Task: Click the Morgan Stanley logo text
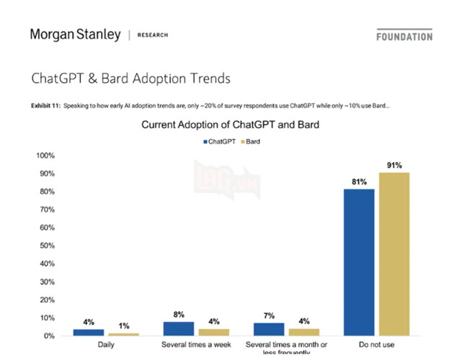click(x=75, y=35)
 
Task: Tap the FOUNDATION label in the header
click(x=404, y=36)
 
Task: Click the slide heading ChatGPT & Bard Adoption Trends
click(x=130, y=77)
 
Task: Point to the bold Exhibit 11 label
click(x=45, y=106)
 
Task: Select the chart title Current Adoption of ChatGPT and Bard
click(x=230, y=125)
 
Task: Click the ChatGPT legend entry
click(x=220, y=142)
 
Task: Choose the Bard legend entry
click(x=250, y=142)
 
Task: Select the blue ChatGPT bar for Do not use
click(x=359, y=262)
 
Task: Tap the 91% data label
click(x=394, y=165)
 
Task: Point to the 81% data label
click(x=359, y=181)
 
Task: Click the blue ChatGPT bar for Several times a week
click(x=179, y=328)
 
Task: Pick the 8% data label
click(x=179, y=315)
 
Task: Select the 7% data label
click(x=269, y=316)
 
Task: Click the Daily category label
click(x=106, y=345)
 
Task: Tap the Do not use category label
click(x=377, y=345)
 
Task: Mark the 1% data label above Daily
click(x=124, y=326)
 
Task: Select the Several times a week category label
click(x=196, y=345)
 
